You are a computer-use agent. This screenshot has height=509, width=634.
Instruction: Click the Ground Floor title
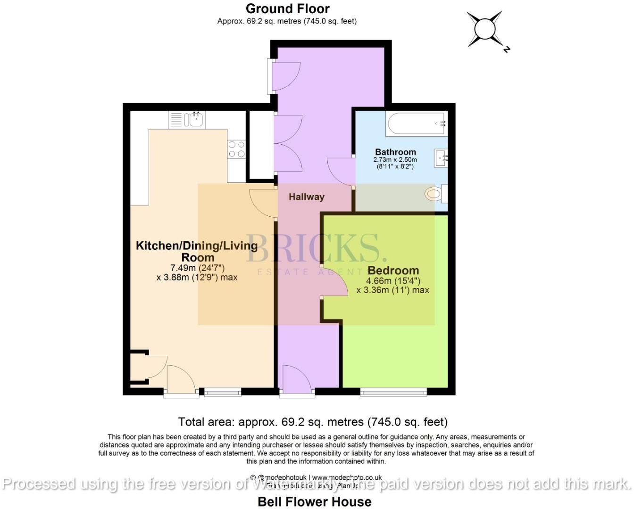(x=287, y=8)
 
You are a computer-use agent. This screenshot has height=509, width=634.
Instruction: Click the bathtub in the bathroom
(x=417, y=124)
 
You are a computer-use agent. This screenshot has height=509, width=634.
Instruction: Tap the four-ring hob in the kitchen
(x=236, y=149)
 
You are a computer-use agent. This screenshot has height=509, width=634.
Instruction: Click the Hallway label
(x=307, y=197)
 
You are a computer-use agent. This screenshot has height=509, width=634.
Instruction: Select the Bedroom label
(x=393, y=271)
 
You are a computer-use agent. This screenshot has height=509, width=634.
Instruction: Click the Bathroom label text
(x=395, y=152)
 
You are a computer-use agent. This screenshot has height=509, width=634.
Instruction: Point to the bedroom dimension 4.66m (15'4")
(x=393, y=281)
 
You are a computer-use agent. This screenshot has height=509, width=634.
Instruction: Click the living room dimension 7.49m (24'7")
(x=197, y=268)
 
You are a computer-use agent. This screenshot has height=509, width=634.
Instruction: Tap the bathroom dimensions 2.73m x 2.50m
(x=395, y=160)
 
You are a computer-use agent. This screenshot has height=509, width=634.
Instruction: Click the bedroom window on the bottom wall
(x=393, y=391)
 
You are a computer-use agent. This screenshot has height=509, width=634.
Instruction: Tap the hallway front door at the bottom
(x=297, y=380)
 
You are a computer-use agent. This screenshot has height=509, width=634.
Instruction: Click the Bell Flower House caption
(x=314, y=501)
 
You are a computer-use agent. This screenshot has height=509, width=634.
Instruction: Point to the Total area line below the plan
(x=313, y=421)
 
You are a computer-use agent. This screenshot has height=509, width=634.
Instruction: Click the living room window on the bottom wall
(x=222, y=391)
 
